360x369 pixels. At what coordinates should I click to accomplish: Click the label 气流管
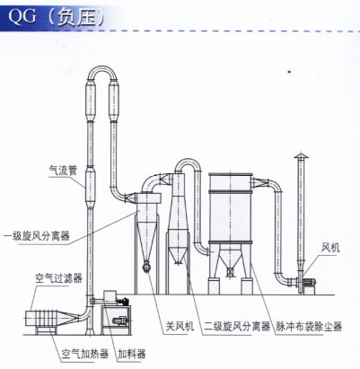[x=63, y=171]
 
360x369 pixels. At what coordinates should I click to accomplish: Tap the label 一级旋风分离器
[x=36, y=236]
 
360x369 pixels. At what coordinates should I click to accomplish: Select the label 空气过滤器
[x=58, y=278]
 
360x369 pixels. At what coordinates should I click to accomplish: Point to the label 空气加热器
[x=85, y=354]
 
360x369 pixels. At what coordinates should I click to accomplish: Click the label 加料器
[x=132, y=354]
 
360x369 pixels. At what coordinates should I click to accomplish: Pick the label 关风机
[x=180, y=326]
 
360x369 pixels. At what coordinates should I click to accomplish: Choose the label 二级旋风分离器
[x=237, y=326]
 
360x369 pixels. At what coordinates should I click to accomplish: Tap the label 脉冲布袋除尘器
[x=309, y=326]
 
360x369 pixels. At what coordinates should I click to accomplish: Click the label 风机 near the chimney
[x=330, y=248]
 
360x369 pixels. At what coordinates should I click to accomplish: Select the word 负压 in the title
[x=76, y=16]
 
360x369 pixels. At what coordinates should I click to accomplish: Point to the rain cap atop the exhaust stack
[x=301, y=155]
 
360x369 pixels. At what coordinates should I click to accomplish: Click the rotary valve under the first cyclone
[x=146, y=266]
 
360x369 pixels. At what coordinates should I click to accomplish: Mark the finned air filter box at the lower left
[x=44, y=319]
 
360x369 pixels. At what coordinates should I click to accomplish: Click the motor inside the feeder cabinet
[x=119, y=321]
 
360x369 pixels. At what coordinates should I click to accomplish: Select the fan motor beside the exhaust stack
[x=310, y=282]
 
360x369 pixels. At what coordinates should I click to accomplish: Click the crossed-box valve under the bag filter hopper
[x=230, y=273]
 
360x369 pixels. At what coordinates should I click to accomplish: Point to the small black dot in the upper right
[x=289, y=72]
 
